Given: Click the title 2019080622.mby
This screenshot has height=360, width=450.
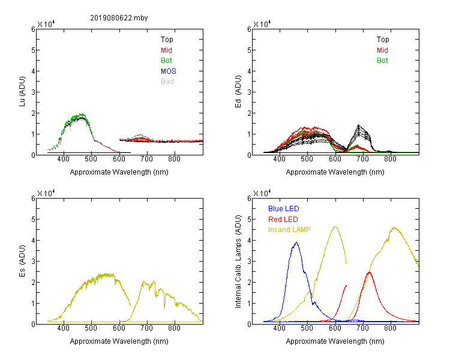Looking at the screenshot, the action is point(119,18).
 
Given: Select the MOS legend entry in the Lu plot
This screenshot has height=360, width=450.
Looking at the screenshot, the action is point(169,71).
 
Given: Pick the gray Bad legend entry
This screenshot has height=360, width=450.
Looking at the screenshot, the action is point(167,82).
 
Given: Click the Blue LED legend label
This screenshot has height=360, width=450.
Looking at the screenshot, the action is point(284,209).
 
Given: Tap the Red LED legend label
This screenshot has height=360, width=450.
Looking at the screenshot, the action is point(283,220).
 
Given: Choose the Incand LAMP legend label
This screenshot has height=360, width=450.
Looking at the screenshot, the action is point(289,230).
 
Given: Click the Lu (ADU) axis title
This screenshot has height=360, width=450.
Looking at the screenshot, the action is point(22,92).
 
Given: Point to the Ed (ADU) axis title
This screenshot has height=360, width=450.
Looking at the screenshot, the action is point(238,92).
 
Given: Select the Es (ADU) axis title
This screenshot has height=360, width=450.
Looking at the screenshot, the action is point(22,261).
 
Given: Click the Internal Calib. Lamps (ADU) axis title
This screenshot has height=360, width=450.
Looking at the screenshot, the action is point(238,262).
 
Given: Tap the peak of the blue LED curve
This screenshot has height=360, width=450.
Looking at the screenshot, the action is point(296,242).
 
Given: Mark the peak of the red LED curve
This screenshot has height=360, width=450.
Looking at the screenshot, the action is point(370,272).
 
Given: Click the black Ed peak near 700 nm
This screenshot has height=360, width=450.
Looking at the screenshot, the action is point(358,125).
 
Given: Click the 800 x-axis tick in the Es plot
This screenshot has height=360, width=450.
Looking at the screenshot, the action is point(174,328).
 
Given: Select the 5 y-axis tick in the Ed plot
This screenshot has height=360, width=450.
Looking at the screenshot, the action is point(249,50).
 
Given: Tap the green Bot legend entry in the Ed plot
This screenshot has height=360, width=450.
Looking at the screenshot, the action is point(382,61).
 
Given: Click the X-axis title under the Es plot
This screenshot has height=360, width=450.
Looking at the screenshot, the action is point(119,341).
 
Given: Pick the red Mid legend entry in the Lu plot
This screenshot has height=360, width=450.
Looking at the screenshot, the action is point(166,50).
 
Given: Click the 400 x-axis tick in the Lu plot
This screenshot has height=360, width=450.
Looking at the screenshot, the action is point(64,159).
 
